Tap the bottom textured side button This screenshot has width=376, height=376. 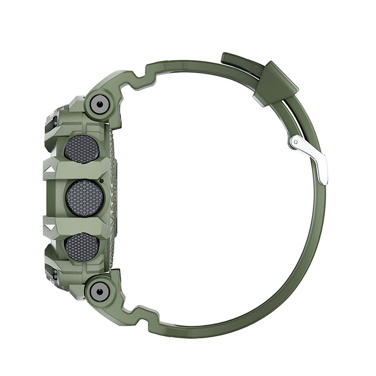point(81,247)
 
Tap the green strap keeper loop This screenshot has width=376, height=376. point(276,83)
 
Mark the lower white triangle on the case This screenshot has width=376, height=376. point(49,229)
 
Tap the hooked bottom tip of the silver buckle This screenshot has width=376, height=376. point(324,180)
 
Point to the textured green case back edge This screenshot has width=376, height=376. point(112,197)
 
